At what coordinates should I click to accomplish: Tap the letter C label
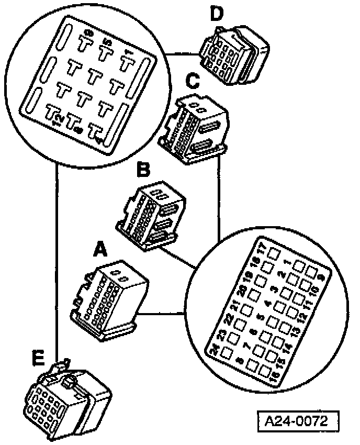click(x=193, y=82)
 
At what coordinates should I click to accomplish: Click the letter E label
click(x=37, y=359)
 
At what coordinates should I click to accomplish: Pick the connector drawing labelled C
click(x=193, y=130)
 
